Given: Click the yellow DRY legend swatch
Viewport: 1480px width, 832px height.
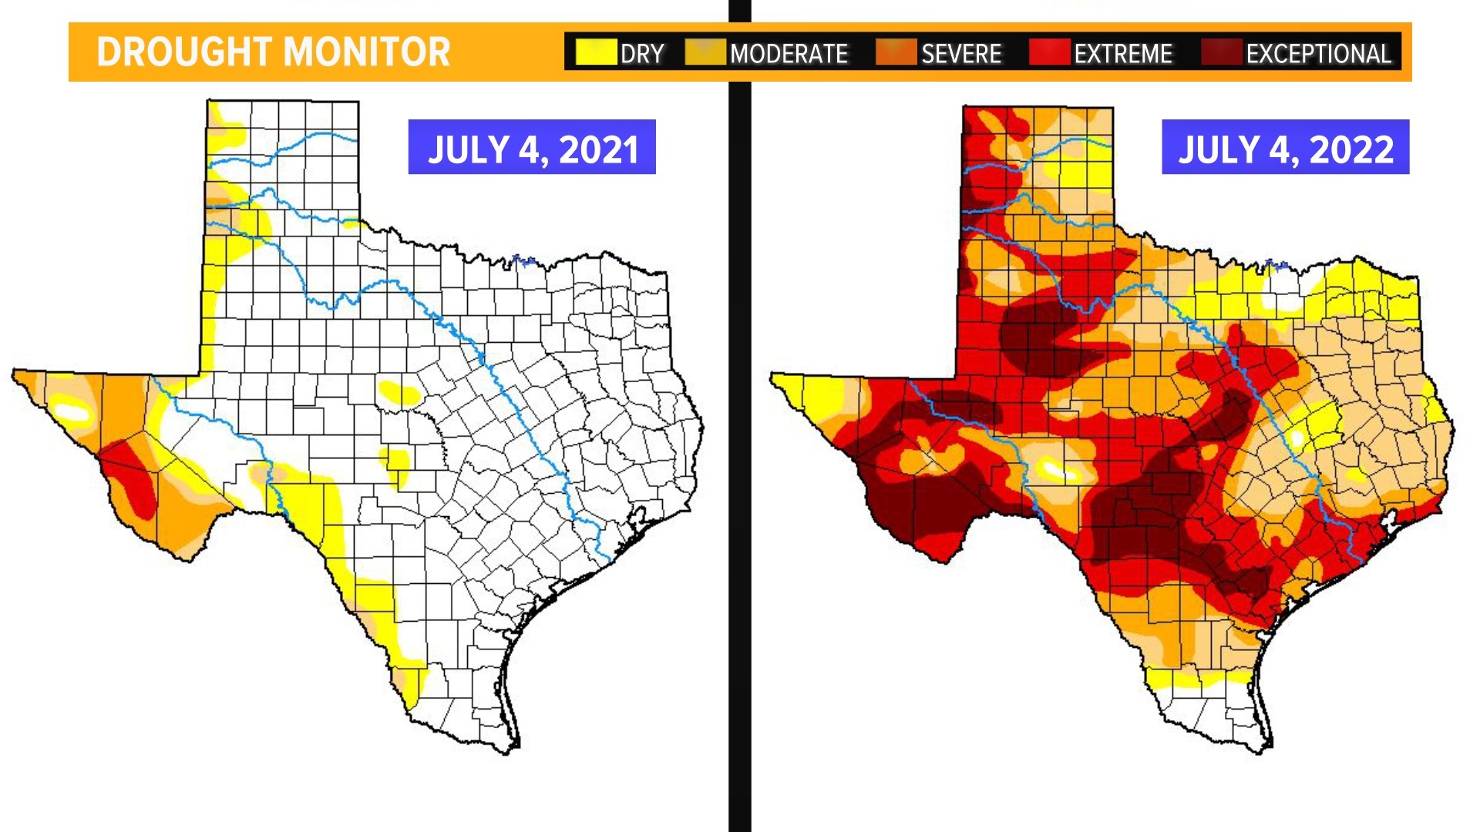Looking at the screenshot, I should click(596, 52).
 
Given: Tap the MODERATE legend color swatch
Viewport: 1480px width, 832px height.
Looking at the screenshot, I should click(705, 52).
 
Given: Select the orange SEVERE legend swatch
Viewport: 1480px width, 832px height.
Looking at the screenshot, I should click(896, 52).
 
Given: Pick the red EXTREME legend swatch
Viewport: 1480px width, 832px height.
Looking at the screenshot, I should click(1049, 52).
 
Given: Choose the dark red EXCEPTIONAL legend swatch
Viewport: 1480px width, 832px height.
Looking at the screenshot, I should click(1221, 52).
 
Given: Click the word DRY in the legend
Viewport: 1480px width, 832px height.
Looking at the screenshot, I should click(642, 54).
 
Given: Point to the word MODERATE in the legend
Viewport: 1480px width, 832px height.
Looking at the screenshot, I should click(789, 54).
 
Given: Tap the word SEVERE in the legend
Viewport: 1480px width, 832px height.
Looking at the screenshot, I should click(961, 54).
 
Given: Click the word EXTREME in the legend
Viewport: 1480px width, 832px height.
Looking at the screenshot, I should click(1123, 54).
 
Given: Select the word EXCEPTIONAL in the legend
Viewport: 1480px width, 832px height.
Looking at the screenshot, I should click(1318, 54).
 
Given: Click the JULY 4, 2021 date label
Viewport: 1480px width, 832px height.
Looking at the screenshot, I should click(532, 148).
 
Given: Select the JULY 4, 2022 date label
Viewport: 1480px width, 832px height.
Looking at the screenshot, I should click(1285, 148).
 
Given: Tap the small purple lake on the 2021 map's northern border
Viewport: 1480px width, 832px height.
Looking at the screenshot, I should click(524, 260).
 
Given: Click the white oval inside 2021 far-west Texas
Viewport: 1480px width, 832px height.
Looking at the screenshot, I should click(74, 411).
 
